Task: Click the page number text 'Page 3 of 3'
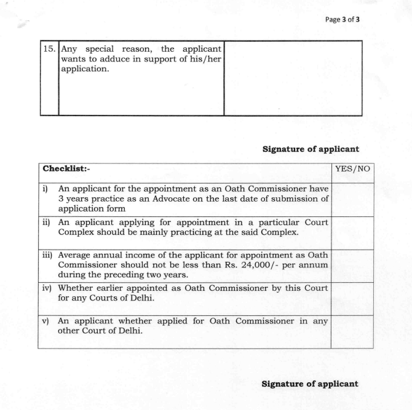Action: [342, 19]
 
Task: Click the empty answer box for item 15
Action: [293, 77]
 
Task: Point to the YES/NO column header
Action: [352, 168]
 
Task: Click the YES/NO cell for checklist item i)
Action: [352, 199]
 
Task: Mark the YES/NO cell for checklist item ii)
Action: [352, 232]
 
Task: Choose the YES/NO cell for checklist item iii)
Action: [352, 266]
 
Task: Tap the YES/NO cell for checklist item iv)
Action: [352, 299]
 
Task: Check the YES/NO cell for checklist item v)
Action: [352, 332]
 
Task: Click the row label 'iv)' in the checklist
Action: [49, 288]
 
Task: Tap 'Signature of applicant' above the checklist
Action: [311, 149]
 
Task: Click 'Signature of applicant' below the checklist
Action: [310, 384]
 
